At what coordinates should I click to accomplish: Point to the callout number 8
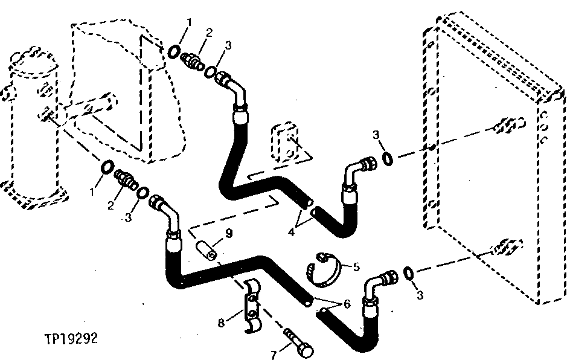coord(222,323)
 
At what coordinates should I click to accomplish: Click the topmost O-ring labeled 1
coord(174,51)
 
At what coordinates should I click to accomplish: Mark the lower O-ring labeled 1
coord(107,167)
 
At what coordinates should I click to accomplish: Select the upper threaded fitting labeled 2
coord(194,62)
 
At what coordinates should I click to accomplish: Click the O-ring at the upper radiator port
coord(389,159)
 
